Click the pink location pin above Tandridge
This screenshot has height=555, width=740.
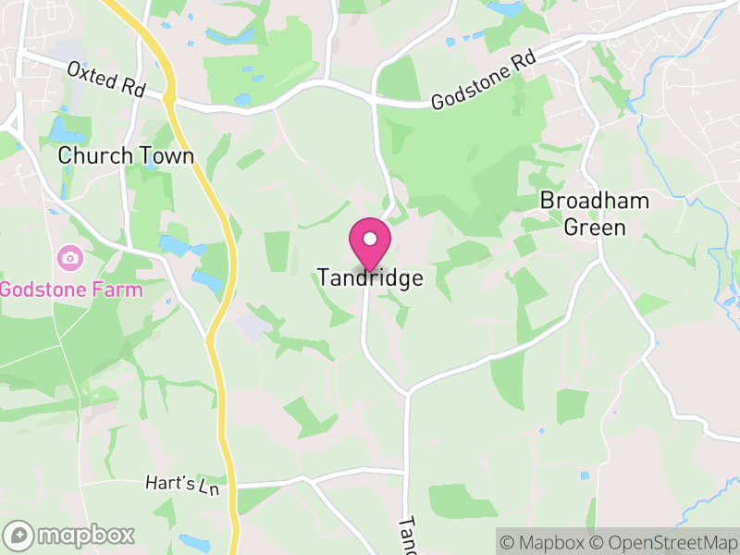click(x=370, y=243)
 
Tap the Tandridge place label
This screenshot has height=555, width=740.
click(x=370, y=277)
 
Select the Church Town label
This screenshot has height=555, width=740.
click(x=126, y=155)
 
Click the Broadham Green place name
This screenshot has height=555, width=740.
click(x=595, y=213)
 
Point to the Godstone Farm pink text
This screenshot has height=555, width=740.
click(x=70, y=290)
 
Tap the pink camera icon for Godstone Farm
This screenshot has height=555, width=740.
click(x=68, y=258)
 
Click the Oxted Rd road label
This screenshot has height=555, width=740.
click(x=106, y=80)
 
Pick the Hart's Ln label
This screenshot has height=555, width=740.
click(x=181, y=484)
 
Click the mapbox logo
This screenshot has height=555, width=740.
click(x=70, y=535)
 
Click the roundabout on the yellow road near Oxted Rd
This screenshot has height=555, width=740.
click(x=169, y=96)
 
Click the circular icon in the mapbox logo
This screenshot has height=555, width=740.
click(x=18, y=535)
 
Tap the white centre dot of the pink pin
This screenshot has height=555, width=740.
click(x=370, y=239)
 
